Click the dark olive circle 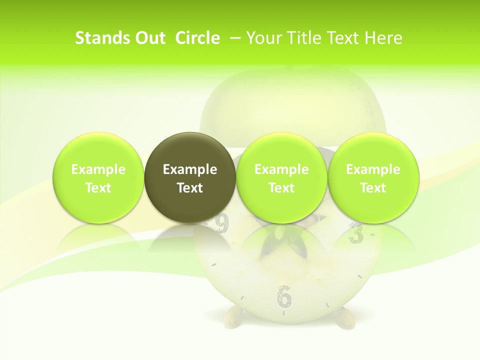click(x=190, y=177)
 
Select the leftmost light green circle click(x=98, y=177)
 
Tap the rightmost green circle click(x=373, y=177)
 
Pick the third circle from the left click(x=281, y=177)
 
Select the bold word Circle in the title click(x=197, y=38)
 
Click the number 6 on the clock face click(x=284, y=296)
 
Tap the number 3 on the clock click(x=355, y=233)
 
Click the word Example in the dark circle click(x=190, y=169)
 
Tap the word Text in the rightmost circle click(x=373, y=188)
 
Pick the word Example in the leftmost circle click(x=98, y=169)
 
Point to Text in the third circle click(x=281, y=188)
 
